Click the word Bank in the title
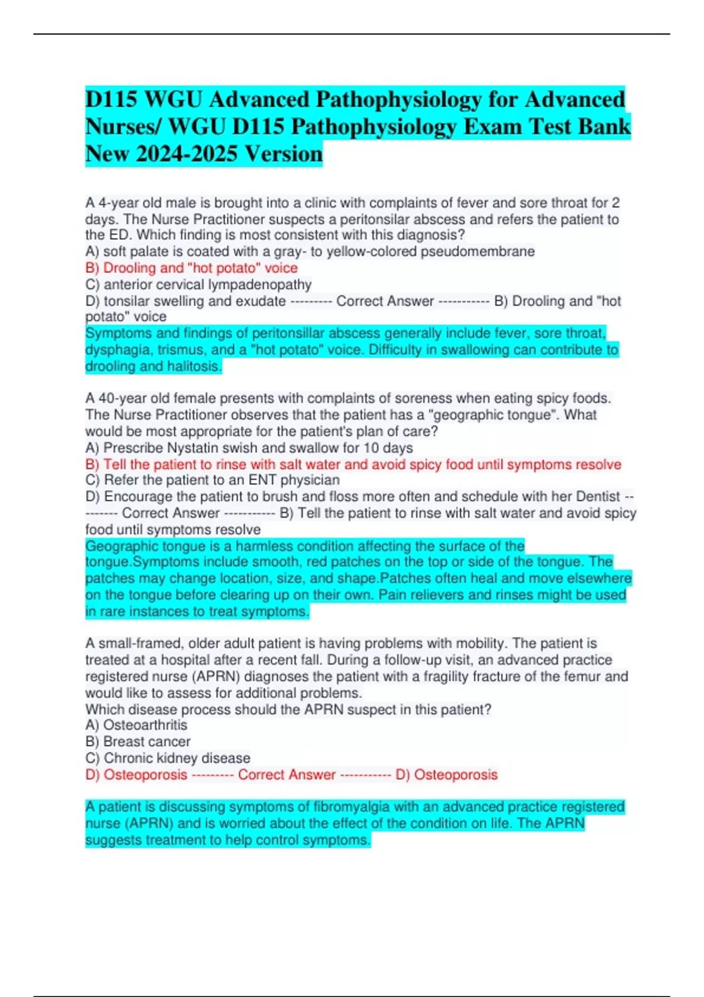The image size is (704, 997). [x=607, y=127]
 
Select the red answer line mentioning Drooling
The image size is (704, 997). [x=191, y=268]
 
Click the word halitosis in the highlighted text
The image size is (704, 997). [x=194, y=367]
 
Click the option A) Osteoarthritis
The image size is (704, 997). [x=136, y=725]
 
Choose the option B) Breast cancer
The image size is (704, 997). [x=138, y=741]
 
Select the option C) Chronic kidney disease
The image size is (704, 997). [x=168, y=758]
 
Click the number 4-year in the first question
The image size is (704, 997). [x=120, y=203]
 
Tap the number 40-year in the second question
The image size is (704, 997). [x=124, y=398]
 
